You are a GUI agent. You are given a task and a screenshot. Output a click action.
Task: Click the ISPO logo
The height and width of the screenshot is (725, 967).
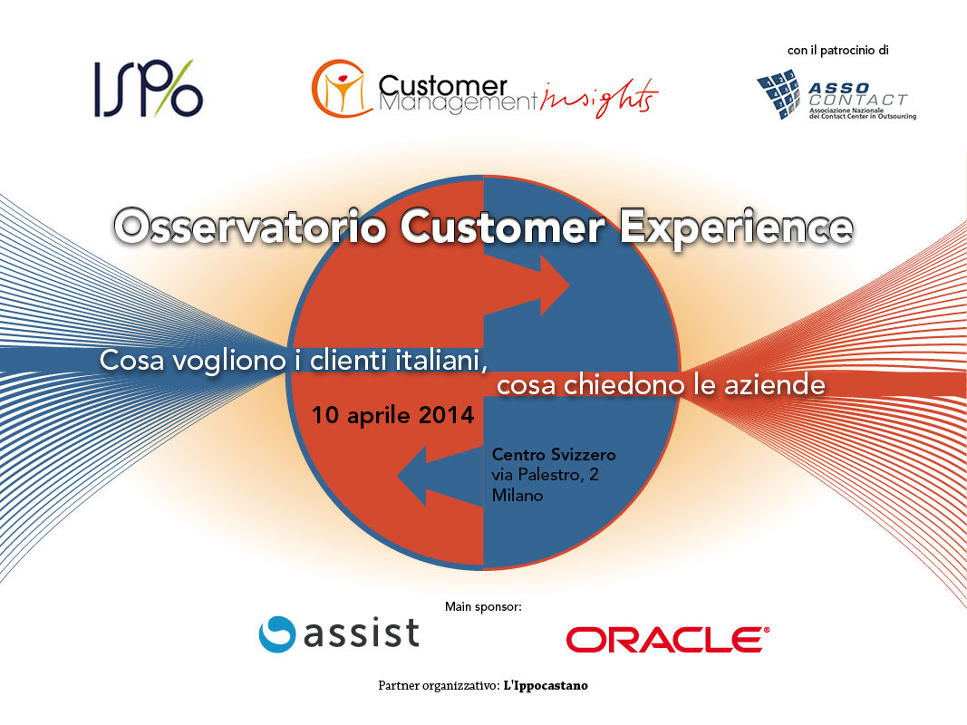click(x=148, y=88)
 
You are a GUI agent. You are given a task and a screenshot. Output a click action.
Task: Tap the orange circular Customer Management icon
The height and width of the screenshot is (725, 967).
click(x=341, y=88)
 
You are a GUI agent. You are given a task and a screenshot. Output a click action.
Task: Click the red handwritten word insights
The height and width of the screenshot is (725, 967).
click(x=599, y=97)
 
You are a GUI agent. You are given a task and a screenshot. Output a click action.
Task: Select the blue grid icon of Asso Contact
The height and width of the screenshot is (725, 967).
click(x=778, y=94)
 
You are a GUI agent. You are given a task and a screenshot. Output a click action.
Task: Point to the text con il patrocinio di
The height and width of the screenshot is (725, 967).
click(x=838, y=51)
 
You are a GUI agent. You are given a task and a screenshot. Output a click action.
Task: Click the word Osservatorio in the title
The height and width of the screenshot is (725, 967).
click(x=250, y=227)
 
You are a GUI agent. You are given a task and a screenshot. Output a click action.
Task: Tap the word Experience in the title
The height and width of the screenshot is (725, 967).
click(x=736, y=228)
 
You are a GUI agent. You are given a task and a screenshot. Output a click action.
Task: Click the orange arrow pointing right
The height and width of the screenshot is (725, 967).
click(x=526, y=285)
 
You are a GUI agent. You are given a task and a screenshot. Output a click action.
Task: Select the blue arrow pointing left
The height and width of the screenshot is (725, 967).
click(x=440, y=476)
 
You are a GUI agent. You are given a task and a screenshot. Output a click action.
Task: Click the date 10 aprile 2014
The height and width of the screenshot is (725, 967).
click(x=392, y=415)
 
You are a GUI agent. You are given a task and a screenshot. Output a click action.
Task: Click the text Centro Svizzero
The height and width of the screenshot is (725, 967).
click(x=554, y=455)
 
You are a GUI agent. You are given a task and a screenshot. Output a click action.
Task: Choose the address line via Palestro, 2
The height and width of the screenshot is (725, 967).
click(x=546, y=475)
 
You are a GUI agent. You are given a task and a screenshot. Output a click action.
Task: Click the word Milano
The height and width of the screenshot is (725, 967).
click(x=517, y=495)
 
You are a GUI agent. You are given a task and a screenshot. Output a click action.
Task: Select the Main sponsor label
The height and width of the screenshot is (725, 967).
click(x=484, y=606)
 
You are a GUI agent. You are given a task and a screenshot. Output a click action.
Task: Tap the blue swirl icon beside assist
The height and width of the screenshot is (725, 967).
click(x=277, y=633)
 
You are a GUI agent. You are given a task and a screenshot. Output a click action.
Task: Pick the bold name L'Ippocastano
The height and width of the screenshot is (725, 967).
click(x=546, y=685)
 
